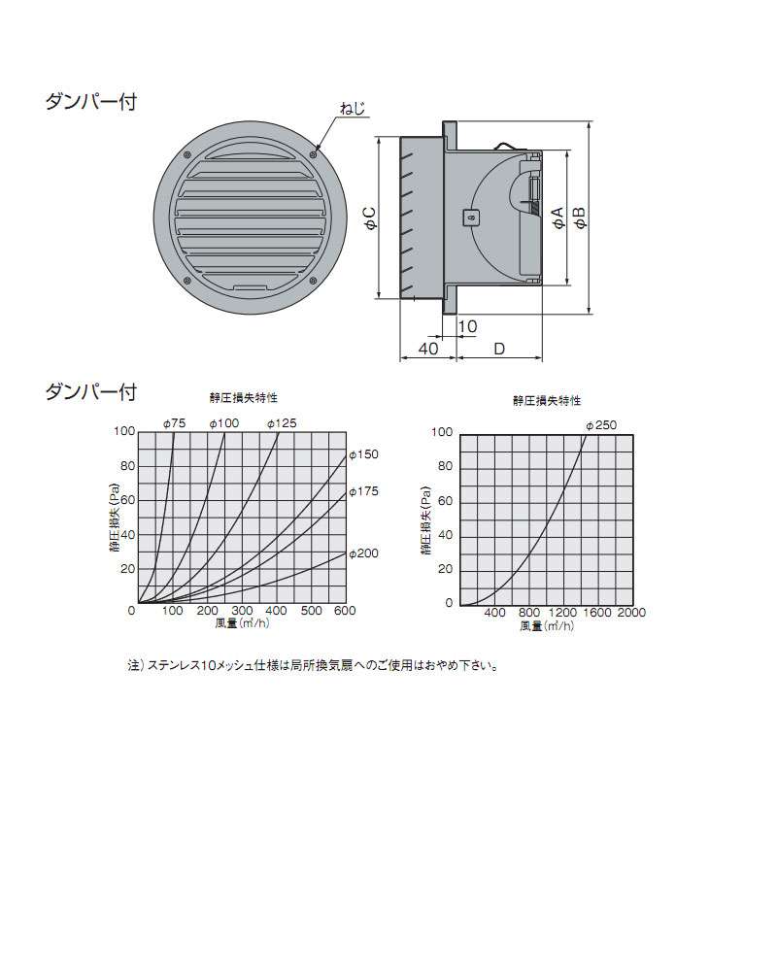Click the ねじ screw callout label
pos(353,109)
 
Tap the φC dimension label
pos(369,218)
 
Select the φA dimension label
pos(557,218)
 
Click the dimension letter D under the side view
pos(499,349)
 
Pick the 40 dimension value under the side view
pos(428,349)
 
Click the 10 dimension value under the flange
pos(467,326)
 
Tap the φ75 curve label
pos(174,423)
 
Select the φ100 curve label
pos(223,423)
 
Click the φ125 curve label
pos(282,423)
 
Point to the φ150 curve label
pos(363,454)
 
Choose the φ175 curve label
pos(363,491)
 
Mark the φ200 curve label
pos(363,553)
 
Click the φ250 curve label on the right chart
pos(601,425)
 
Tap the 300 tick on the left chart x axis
pos(242,611)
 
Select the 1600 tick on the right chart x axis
pos(597,613)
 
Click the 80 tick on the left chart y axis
pos(127,466)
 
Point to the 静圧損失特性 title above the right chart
pos(547,401)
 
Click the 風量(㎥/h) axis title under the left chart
pos(242,623)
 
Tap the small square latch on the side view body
pos(471,218)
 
